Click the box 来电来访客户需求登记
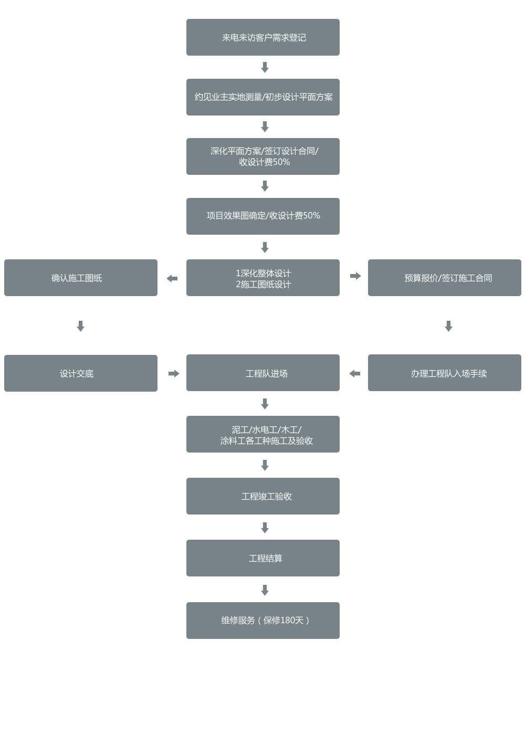pos(262,37)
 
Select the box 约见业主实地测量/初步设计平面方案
pos(262,97)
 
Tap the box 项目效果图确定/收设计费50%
pos(262,216)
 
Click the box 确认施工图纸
pos(80,278)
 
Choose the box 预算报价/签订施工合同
pos(444,278)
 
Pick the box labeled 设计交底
pos(80,373)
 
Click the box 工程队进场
pos(262,373)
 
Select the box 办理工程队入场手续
pos(444,373)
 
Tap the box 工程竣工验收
pos(262,496)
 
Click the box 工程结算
pos(262,558)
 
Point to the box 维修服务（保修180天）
pos(262,621)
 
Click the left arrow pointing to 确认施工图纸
pos(172,278)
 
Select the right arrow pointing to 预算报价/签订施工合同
pos(355,276)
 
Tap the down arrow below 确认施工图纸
pos(80,326)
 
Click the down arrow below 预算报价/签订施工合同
pos(448,326)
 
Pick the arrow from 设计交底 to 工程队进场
pos(174,373)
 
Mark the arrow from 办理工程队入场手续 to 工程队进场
pos(355,373)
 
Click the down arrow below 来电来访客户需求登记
pos(265,67)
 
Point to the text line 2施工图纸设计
pos(263,284)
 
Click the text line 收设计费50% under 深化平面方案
pos(264,162)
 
